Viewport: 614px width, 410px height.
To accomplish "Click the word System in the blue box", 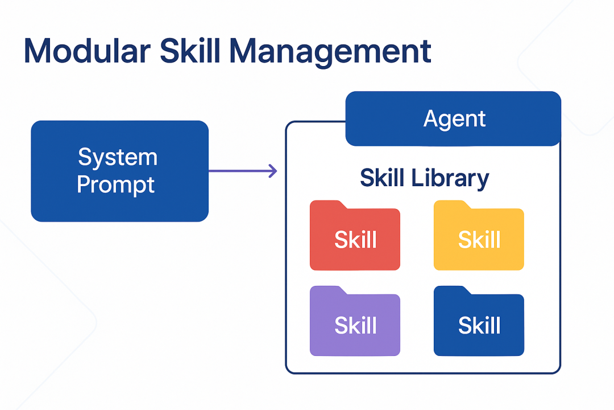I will click(x=118, y=157).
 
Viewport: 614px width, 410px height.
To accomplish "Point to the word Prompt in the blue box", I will click(x=116, y=185).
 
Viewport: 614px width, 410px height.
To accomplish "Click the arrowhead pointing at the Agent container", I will click(x=273, y=170).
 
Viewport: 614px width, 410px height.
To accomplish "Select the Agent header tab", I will click(x=454, y=119).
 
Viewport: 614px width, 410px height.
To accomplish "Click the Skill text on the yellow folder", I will click(x=479, y=240).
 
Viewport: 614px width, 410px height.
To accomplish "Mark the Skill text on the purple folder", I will click(x=355, y=325).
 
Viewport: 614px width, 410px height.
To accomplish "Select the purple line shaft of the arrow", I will click(x=239, y=170).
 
